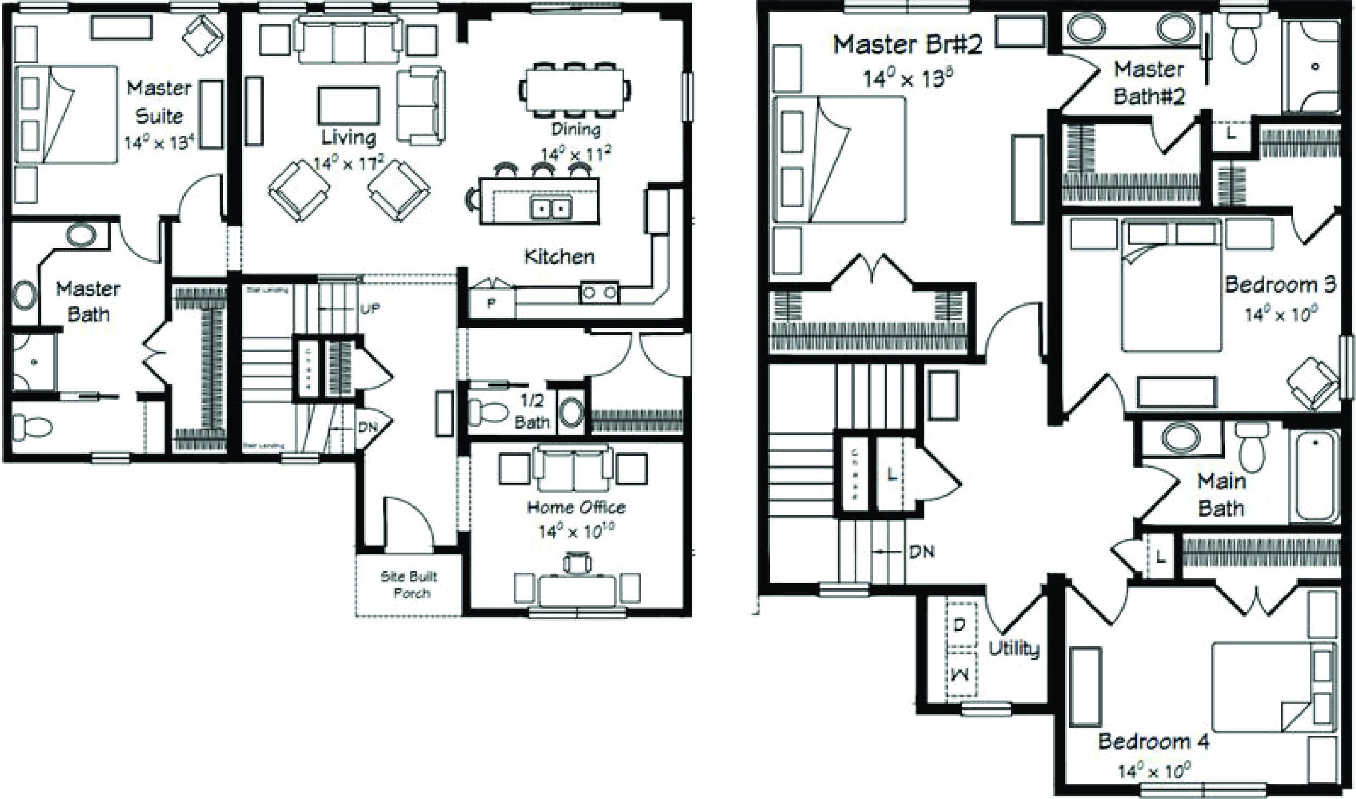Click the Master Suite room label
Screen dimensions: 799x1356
(159, 102)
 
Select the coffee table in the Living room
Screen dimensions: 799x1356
(349, 106)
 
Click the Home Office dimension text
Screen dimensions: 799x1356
(576, 530)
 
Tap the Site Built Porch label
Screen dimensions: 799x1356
(409, 584)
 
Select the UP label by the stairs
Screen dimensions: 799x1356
(369, 309)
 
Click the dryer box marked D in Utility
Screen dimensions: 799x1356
(960, 625)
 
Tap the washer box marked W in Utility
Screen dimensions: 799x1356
(960, 675)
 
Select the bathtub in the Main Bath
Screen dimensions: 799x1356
(1315, 476)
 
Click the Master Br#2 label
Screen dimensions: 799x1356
(908, 45)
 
